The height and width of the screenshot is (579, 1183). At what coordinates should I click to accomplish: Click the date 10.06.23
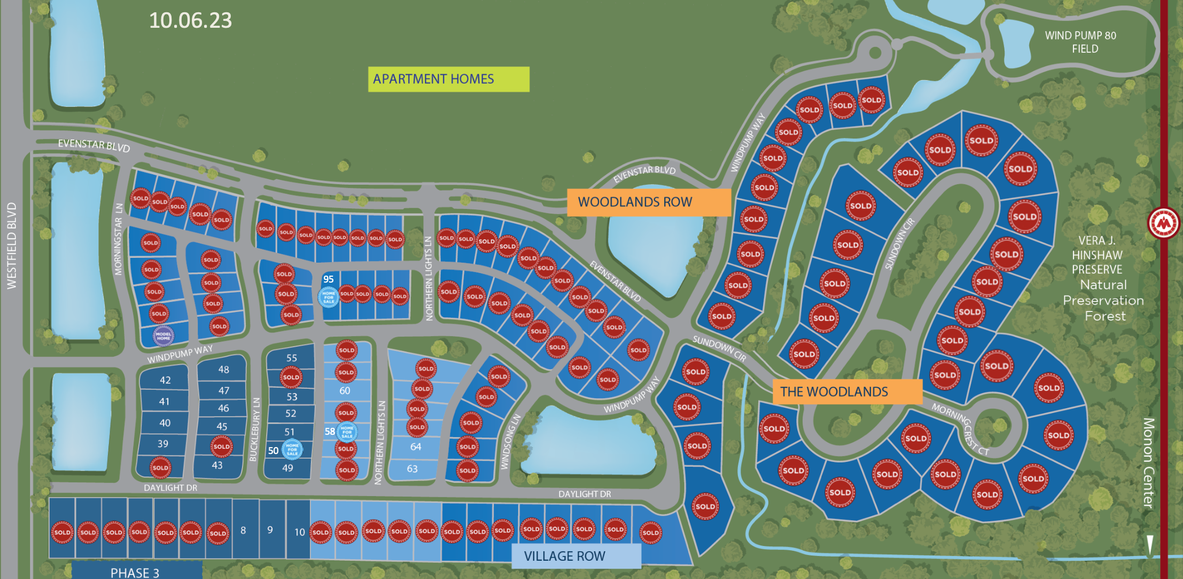coord(190,20)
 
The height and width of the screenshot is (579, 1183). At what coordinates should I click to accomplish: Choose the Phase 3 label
coord(135,573)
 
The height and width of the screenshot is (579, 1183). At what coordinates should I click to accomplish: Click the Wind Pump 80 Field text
coord(1080,42)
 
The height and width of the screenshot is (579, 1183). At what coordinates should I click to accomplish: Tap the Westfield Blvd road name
coord(12,246)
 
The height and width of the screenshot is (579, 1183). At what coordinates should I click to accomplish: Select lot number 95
coord(328,279)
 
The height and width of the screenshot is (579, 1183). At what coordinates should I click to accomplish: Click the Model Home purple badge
coord(164,337)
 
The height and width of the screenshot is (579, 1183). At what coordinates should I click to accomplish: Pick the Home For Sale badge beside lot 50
coord(292,449)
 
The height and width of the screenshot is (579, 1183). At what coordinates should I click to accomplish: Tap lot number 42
coord(165,380)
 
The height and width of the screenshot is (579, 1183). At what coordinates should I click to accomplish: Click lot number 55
coord(291,358)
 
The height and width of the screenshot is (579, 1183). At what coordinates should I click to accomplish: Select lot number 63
coord(412,468)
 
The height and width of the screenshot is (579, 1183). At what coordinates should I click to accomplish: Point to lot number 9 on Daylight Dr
coord(270,529)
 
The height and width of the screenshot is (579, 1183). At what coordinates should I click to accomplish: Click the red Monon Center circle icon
coord(1164,223)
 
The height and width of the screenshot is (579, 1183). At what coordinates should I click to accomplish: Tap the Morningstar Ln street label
coord(119,239)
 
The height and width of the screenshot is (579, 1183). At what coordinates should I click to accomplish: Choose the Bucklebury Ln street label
coord(255,429)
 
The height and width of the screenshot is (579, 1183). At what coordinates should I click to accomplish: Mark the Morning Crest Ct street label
coord(960,429)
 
